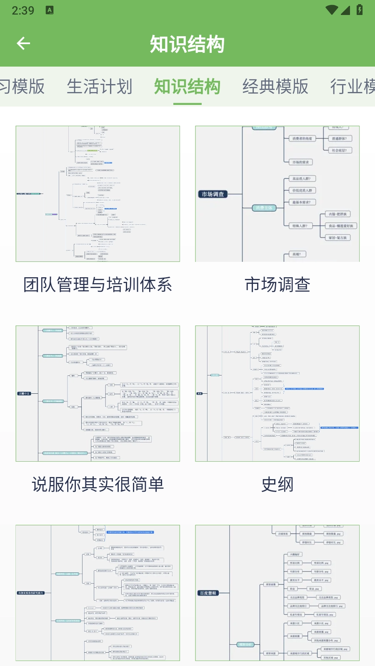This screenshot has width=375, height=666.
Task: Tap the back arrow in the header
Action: [23, 43]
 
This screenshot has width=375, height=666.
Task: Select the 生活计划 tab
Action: [100, 87]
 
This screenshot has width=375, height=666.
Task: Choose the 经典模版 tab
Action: [275, 87]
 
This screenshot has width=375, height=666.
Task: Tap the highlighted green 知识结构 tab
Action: [187, 87]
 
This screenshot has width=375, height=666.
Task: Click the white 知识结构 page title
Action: [187, 44]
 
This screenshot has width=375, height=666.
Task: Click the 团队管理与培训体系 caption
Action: [98, 285]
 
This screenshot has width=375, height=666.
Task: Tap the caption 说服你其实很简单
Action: [98, 485]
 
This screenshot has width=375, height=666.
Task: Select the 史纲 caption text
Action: [277, 485]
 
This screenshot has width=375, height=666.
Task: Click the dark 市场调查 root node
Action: [212, 194]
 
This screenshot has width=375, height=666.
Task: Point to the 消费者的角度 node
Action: [302, 139]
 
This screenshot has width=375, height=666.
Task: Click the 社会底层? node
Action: [339, 150]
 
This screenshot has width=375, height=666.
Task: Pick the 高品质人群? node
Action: [302, 179]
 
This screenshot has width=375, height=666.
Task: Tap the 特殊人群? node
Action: [300, 226]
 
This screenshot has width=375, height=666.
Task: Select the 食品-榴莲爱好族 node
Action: [340, 226]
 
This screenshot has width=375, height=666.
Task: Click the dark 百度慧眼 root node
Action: [207, 593]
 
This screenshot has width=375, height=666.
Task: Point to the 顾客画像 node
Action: [271, 584]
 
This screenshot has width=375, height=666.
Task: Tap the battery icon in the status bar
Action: [359, 10]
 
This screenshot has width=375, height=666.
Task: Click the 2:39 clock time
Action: [23, 10]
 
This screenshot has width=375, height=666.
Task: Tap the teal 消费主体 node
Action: [264, 208]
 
